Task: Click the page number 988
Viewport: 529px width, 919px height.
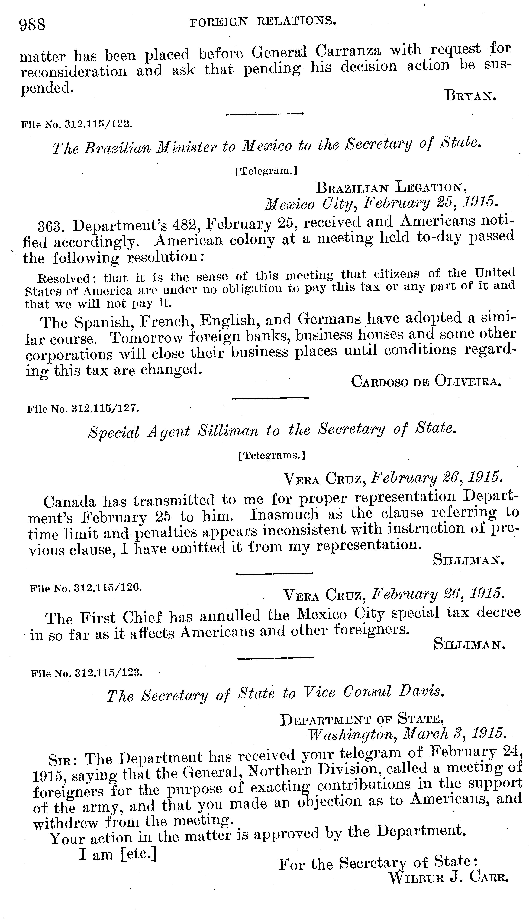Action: pos(32,25)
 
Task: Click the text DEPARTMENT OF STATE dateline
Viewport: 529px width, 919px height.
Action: pos(362,720)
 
